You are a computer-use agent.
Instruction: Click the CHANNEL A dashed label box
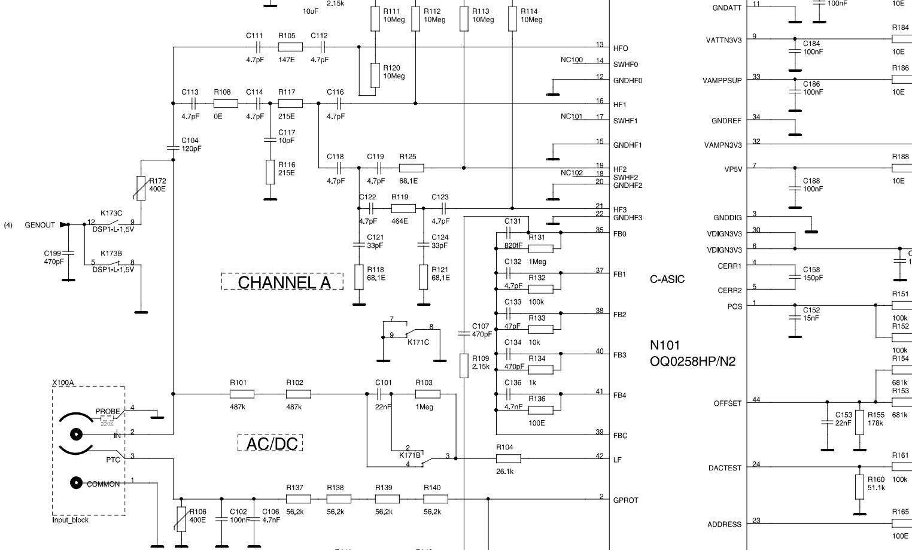pyautogui.click(x=282, y=281)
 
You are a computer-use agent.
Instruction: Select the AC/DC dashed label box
pyautogui.click(x=270, y=443)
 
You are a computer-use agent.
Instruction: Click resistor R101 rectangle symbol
pyautogui.click(x=242, y=394)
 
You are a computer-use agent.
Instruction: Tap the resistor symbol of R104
pyautogui.click(x=508, y=458)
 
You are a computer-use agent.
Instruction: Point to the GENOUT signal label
pyautogui.click(x=39, y=225)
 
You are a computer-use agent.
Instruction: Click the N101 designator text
pyautogui.click(x=665, y=345)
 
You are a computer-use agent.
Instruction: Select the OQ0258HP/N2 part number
pyautogui.click(x=692, y=361)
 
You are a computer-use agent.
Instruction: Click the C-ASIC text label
pyautogui.click(x=667, y=279)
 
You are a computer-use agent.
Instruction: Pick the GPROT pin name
pyautogui.click(x=625, y=500)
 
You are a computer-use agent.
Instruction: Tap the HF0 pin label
pyautogui.click(x=621, y=48)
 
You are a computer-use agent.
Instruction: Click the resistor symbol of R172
pyautogui.click(x=141, y=189)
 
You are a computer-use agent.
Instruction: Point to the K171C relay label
pyautogui.click(x=418, y=342)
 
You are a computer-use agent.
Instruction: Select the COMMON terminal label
pyautogui.click(x=103, y=484)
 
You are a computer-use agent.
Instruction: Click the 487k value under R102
pyautogui.click(x=294, y=407)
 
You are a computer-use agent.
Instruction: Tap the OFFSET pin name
pyautogui.click(x=727, y=403)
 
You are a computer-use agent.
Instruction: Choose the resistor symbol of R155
pyautogui.click(x=859, y=422)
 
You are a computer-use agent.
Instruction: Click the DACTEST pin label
pyautogui.click(x=725, y=468)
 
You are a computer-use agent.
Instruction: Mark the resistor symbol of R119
pyautogui.click(x=403, y=208)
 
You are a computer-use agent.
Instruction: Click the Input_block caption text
pyautogui.click(x=70, y=520)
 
